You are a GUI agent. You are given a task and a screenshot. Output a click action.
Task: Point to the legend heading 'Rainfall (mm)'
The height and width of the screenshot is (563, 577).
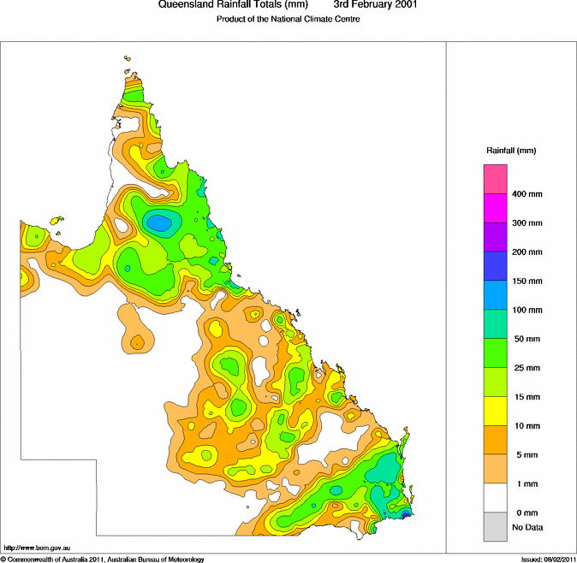[x=511, y=151]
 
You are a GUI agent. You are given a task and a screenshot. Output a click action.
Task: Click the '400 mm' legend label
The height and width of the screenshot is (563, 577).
[x=526, y=193]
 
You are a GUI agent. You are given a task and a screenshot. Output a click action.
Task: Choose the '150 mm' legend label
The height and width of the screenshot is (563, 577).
[x=526, y=281]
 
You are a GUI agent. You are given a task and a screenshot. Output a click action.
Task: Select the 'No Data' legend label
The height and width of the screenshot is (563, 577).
[x=526, y=527]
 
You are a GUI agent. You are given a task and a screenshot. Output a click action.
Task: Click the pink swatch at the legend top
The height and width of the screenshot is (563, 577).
[x=497, y=179]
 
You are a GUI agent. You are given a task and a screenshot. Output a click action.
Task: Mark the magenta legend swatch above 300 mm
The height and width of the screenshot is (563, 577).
[x=497, y=208]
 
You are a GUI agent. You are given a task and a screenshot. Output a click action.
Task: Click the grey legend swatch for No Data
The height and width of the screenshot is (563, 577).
[x=497, y=527]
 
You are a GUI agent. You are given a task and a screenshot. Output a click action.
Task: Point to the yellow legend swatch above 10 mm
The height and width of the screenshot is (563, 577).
[x=497, y=411]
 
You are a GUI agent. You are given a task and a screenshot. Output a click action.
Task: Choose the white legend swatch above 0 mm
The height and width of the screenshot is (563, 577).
[x=497, y=498]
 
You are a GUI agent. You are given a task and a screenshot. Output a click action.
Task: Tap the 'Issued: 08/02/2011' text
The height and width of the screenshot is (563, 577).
[x=548, y=559]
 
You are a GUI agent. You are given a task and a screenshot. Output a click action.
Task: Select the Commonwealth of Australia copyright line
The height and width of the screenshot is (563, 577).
[x=103, y=559]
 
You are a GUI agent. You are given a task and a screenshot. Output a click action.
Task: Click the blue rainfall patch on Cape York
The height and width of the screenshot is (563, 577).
[x=159, y=223]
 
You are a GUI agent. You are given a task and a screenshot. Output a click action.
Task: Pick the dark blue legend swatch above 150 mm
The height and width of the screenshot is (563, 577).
[x=497, y=266]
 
